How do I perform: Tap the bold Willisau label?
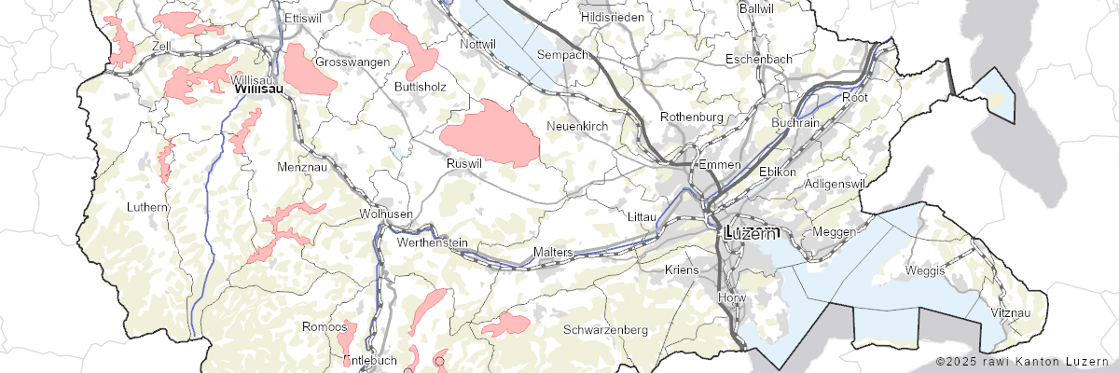coord(257,89)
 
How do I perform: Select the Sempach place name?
coord(562,55)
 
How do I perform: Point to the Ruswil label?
coord(464,162)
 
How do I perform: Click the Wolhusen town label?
coord(386,214)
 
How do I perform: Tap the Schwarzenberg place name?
coord(605,330)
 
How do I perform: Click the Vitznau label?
coord(1012,312)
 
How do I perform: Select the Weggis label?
coord(925,270)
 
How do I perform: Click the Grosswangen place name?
coord(352,62)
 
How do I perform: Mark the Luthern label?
coord(148,206)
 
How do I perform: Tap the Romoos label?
coord(322,326)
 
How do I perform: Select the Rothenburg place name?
coord(692,117)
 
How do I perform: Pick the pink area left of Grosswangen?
coord(309,71)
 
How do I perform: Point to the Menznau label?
coord(298,167)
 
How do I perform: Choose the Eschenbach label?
coord(759,59)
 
